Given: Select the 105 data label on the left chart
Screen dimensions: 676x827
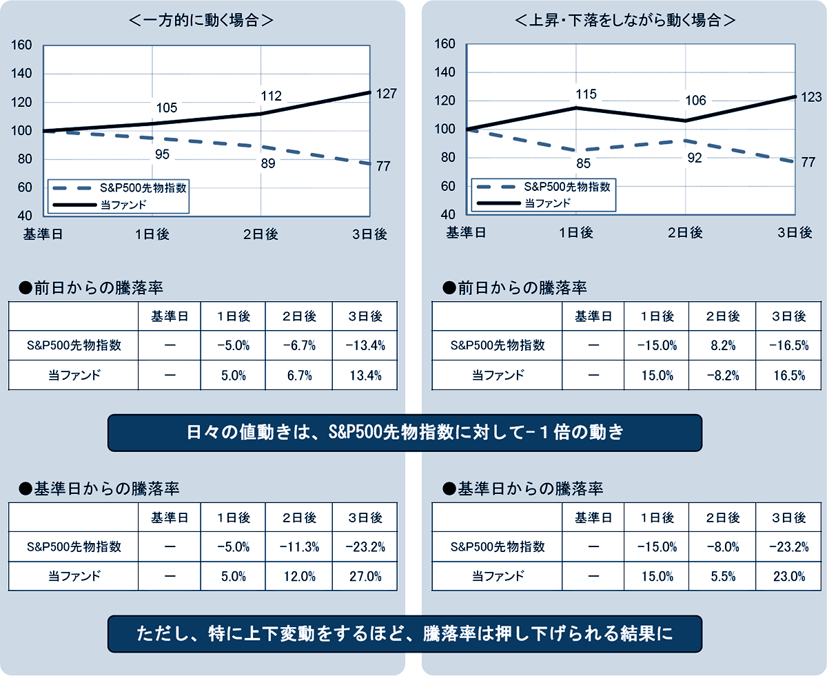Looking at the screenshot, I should click(x=167, y=107).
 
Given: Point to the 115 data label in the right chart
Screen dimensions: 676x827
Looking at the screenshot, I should click(x=586, y=94).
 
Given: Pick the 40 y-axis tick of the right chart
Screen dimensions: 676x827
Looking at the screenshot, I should click(x=447, y=214).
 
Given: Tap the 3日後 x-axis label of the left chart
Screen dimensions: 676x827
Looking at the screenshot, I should click(x=370, y=234).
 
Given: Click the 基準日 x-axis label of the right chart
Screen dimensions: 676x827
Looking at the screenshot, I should click(x=467, y=233).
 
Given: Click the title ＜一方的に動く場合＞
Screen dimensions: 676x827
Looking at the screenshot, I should click(x=202, y=20).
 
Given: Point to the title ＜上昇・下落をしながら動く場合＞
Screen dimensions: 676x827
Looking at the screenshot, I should click(x=625, y=20).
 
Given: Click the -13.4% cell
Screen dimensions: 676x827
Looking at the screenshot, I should click(x=366, y=345).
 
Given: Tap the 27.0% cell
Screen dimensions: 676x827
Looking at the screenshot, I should click(x=366, y=577).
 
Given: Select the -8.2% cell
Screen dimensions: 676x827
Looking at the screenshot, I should click(x=723, y=376).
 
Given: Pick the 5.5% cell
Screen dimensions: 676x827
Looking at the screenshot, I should click(x=723, y=577).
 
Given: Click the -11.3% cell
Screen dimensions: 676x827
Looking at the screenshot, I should click(x=299, y=546).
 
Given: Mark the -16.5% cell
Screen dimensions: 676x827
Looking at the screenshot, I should click(x=789, y=345).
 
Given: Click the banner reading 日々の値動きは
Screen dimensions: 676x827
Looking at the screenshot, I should click(x=405, y=433).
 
